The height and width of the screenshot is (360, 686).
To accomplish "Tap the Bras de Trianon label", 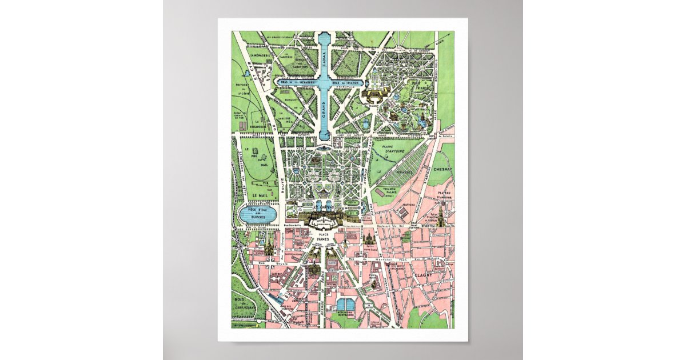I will click(349, 83).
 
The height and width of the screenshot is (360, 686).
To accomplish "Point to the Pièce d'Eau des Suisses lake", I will click(257, 215).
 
